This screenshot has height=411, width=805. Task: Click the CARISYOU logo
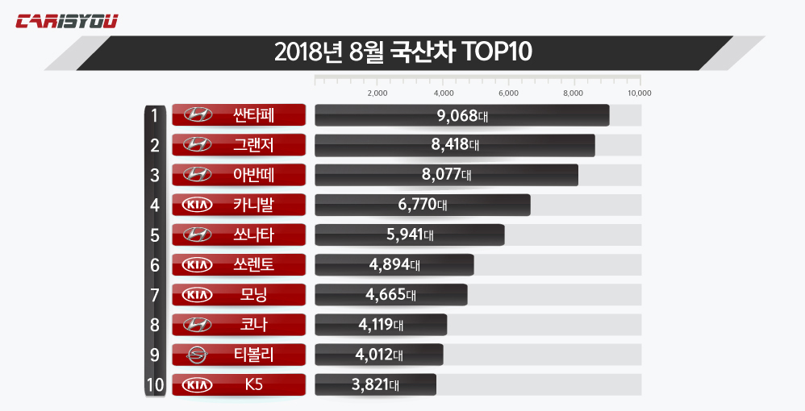pos(67,21)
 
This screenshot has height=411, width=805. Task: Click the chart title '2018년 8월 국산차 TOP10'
pos(402,52)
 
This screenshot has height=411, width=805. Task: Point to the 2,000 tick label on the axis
pos(377,93)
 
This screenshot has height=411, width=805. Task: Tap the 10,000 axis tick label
pos(639,93)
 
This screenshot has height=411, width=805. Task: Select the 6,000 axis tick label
pos(508,93)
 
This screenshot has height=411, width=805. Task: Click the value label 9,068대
pos(462,115)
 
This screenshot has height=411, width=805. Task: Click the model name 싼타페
pos(253,115)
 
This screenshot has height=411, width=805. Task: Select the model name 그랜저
pos(253,145)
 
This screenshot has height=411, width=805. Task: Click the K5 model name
pos(253,384)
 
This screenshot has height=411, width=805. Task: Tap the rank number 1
pos(154,115)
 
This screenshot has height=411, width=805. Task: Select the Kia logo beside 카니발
pos(198,205)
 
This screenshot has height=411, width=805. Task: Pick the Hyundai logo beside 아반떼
pos(198,175)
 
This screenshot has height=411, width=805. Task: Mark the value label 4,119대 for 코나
pos(380,325)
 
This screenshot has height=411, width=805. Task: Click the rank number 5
pos(154,235)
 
